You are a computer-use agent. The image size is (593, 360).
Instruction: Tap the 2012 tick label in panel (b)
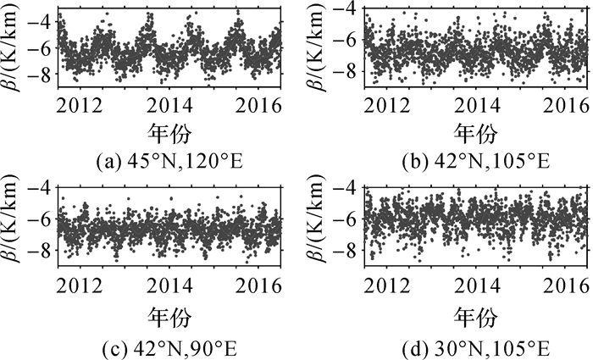coord(390,105)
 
